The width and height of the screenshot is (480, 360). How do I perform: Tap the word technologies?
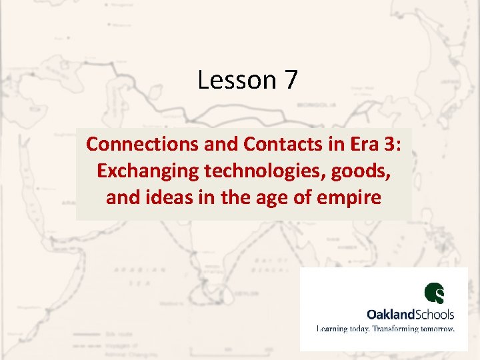[x=272, y=171]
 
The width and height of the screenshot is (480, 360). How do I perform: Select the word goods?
[x=365, y=171]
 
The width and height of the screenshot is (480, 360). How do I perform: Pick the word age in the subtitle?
[x=267, y=199]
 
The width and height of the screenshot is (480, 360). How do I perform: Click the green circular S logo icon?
[x=435, y=293]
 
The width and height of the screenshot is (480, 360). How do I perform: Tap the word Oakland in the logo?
[x=391, y=313]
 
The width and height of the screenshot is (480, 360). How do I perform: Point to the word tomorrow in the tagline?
[x=439, y=329]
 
